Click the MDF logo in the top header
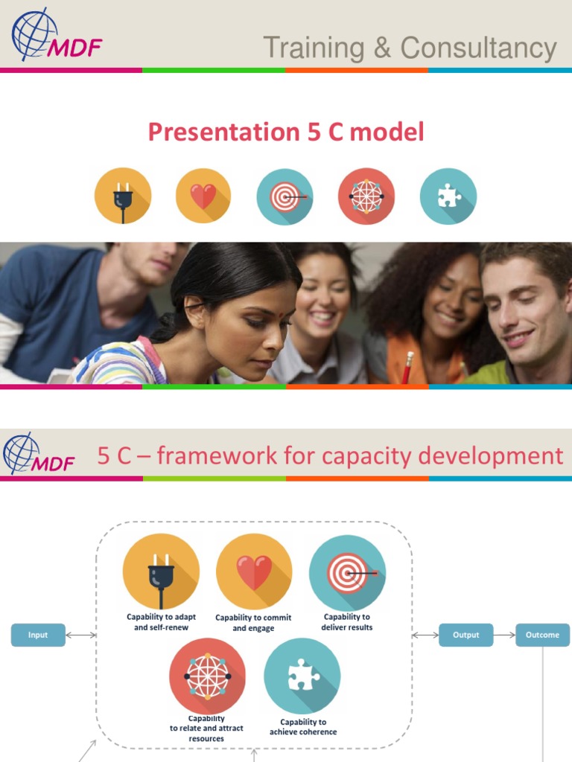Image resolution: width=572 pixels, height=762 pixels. click(x=55, y=36)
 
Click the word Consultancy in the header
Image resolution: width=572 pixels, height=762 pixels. click(x=479, y=48)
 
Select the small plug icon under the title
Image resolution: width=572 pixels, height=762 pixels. click(x=123, y=196)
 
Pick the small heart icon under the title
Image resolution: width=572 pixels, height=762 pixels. click(x=203, y=196)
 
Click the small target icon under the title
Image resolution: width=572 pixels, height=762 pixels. click(x=285, y=196)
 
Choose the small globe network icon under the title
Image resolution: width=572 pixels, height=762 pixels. click(x=366, y=196)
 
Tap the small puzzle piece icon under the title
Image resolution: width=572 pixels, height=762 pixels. click(x=448, y=196)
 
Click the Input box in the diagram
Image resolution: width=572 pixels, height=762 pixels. click(x=38, y=635)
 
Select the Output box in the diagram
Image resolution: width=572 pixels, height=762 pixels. click(x=466, y=635)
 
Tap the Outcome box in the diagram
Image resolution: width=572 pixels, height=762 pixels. click(x=542, y=635)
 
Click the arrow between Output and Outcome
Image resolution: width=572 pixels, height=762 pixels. click(x=504, y=635)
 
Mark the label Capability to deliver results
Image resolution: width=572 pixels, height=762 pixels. click(x=347, y=622)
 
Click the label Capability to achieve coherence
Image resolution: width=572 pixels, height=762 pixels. click(x=303, y=727)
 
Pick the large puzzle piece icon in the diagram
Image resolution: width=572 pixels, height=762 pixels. click(x=302, y=676)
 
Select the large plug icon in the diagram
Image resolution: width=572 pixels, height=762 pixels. click(x=161, y=572)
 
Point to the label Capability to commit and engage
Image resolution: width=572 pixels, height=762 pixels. click(x=253, y=623)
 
